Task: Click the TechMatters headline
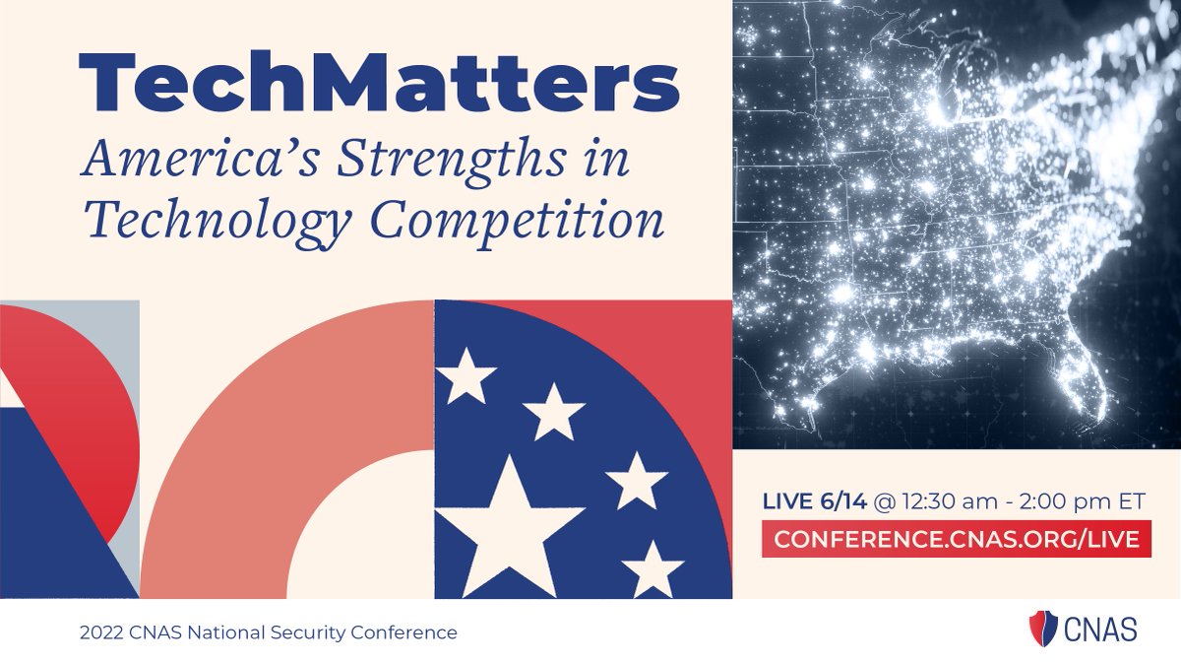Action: pos(379,82)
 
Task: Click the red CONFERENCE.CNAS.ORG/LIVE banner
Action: pos(956,539)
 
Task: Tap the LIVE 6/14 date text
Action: pos(815,501)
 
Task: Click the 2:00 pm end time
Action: pos(1057,501)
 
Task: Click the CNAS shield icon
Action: pos(1041,629)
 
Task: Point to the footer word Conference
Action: pos(413,632)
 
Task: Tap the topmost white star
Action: pos(466,375)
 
